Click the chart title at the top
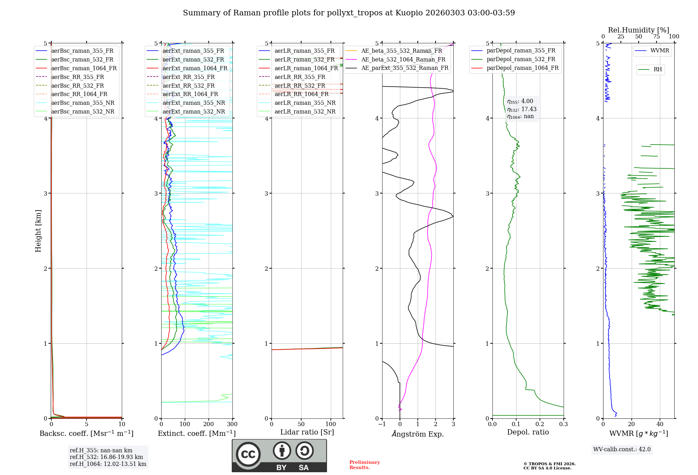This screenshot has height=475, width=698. coord(349,13)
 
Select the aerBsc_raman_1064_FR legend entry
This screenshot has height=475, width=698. coord(84,68)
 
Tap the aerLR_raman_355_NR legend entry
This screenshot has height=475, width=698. coord(305,103)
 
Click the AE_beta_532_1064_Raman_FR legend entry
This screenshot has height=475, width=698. coord(403,59)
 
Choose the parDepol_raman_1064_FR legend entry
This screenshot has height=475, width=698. coord(522,68)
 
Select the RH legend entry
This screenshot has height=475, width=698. coord(658,70)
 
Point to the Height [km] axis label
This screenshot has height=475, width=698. coord(38,231)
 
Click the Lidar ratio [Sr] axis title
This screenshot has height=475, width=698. coord(307,432)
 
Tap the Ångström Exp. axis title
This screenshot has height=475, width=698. coord(418,434)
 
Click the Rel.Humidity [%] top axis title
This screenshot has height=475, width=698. coord(638,30)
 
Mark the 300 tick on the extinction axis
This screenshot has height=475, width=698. coord(232,424)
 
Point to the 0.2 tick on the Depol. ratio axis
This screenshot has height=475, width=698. coord(540,424)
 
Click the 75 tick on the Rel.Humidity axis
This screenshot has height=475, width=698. coord(656,37)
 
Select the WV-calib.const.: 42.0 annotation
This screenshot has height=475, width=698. coord(622,449)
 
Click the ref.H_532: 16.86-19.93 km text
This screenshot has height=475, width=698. coord(106,457)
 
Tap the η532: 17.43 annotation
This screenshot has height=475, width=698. coord(522,109)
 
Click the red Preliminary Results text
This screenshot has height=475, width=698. coord(364,465)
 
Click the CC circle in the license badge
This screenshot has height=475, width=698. coord(248,454)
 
